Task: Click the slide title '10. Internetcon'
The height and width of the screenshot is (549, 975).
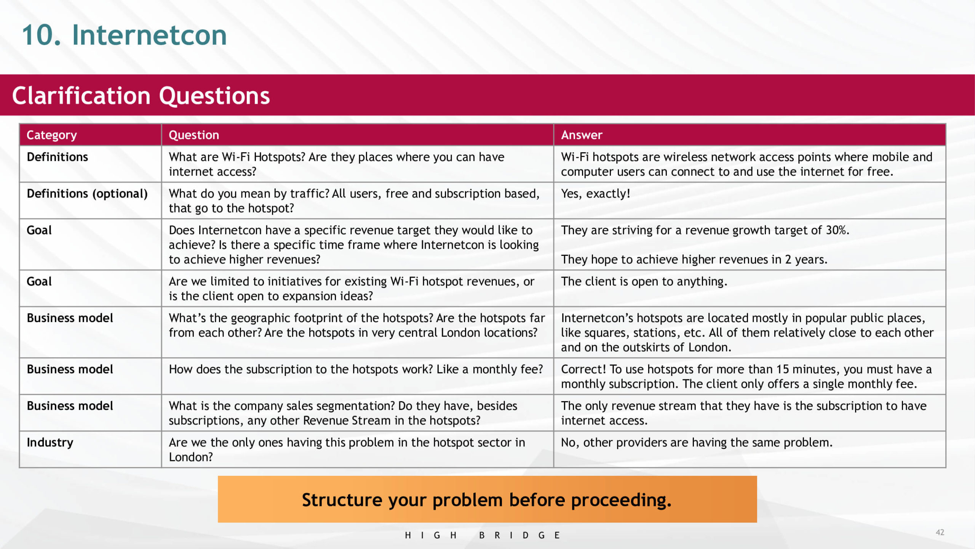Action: pos(124,35)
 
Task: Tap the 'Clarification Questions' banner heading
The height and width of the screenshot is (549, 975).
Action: pos(141,95)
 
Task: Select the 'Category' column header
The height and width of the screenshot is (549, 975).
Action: pos(51,135)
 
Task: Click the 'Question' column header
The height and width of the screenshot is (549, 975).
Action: pos(193,135)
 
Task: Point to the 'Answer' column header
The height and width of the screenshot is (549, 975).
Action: pos(581,135)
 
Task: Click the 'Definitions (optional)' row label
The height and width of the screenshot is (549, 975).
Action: pos(87,194)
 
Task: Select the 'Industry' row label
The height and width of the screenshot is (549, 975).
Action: pos(50,442)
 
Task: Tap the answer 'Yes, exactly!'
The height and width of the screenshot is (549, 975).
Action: pos(595,194)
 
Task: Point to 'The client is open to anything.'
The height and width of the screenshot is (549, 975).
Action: pos(644,281)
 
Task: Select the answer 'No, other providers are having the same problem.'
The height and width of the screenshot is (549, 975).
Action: pos(696,442)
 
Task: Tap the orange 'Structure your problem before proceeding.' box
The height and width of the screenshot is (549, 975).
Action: pos(487,499)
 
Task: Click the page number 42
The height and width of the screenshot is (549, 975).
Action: pos(940,532)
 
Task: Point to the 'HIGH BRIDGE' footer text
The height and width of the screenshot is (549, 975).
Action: pos(482,535)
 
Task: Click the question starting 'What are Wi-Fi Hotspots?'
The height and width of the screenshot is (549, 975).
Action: pos(336,164)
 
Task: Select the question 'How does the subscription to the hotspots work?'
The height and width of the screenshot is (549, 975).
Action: pos(356,369)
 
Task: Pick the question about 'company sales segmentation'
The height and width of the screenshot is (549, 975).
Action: pos(343,413)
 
